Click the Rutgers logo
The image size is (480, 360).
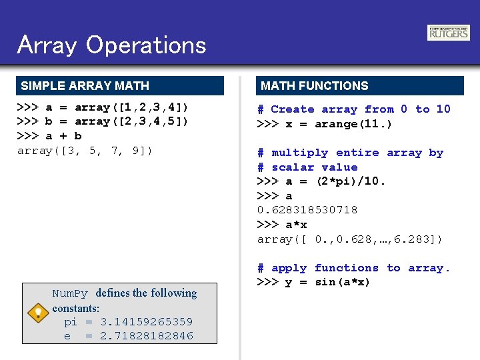449,33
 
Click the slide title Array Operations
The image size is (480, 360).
112,45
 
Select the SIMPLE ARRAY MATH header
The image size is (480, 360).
85,86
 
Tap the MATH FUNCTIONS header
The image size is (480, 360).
315,86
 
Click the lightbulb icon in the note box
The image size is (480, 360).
39,312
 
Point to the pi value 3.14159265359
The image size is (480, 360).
146,322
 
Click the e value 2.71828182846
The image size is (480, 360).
146,336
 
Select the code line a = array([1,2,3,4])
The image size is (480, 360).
103,107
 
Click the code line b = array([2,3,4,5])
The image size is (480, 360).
103,121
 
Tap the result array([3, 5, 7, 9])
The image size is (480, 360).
85,151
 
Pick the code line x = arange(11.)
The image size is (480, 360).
325,124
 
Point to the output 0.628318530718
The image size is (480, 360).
307,210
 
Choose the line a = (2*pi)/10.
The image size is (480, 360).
321,181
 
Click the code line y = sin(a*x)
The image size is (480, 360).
313,282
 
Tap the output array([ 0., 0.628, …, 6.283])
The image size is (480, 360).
350,239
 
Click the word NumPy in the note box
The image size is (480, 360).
70,293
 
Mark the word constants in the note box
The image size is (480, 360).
75,308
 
